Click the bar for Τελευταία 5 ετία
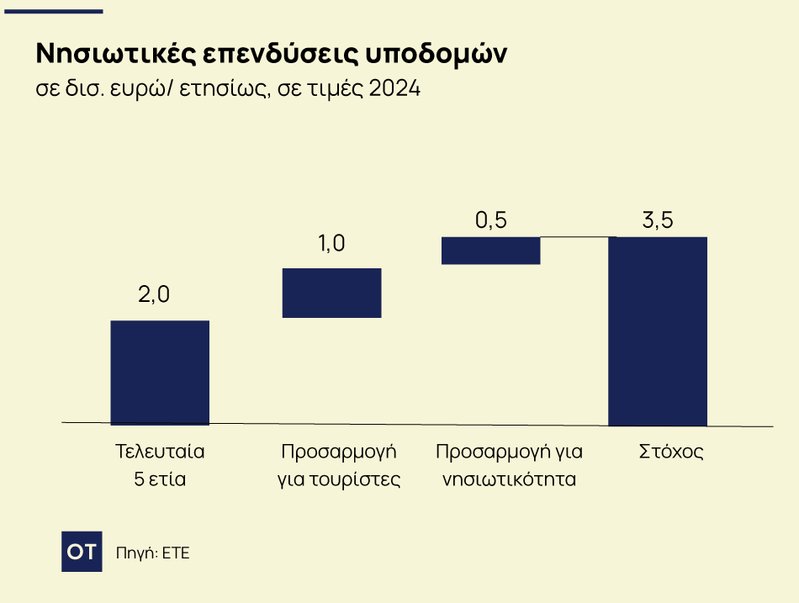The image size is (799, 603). (x=160, y=373)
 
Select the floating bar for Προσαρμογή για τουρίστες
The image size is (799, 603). (x=331, y=293)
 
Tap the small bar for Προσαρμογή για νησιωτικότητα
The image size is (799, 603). (x=490, y=251)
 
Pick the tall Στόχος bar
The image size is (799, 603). (x=657, y=331)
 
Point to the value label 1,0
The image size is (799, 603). (x=331, y=244)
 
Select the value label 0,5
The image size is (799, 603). (x=491, y=220)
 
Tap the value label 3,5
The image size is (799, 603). (x=658, y=221)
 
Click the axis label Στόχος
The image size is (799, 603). (x=669, y=452)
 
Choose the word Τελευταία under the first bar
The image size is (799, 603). (x=160, y=452)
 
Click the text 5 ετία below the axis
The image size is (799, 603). (x=160, y=480)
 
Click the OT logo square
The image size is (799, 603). (x=82, y=552)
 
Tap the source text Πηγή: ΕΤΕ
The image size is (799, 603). (x=152, y=553)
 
